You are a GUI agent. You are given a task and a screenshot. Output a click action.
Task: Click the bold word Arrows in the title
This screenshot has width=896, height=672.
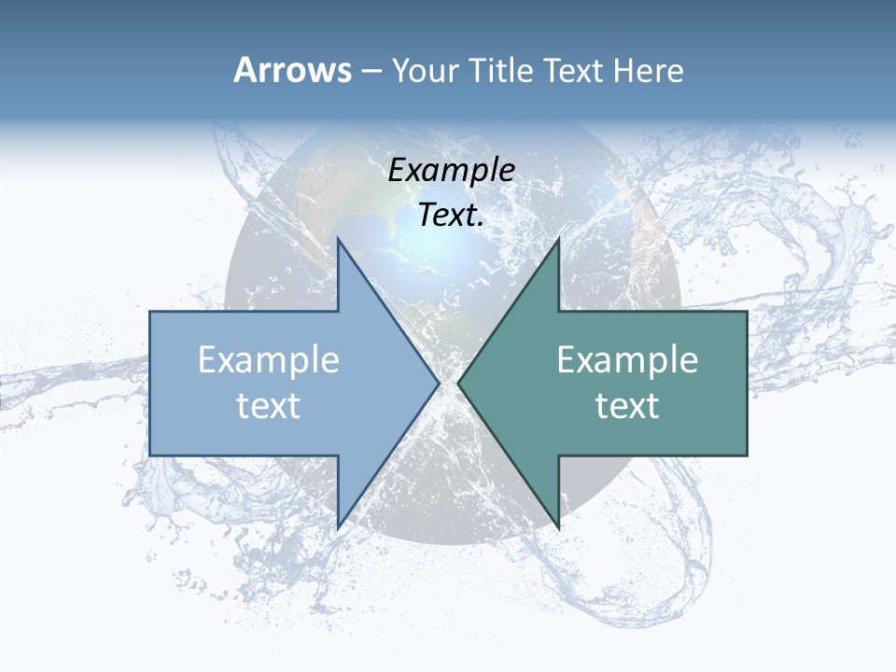coord(292,70)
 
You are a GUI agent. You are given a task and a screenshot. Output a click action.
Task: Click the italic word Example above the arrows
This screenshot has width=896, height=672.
coord(451,170)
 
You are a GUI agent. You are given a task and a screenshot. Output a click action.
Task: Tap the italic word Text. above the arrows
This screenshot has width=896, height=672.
coord(451,216)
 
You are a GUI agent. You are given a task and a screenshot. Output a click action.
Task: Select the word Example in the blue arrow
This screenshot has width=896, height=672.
coord(269,360)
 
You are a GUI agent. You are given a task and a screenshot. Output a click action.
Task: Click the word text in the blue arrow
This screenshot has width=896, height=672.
coord(269,406)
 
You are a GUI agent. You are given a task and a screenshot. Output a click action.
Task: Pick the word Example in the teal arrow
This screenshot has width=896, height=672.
coord(627,360)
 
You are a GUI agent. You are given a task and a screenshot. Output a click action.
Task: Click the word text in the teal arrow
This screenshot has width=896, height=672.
coord(627,406)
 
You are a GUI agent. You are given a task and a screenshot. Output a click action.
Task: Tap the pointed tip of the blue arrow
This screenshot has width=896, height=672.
coord(439,383)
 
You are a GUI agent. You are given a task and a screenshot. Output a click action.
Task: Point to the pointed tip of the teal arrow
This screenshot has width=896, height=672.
coord(458,383)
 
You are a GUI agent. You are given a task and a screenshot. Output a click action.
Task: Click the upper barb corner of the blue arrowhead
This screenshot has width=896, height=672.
coord(338,240)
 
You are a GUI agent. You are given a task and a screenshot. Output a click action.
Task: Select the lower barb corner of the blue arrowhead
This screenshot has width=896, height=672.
coord(338,527)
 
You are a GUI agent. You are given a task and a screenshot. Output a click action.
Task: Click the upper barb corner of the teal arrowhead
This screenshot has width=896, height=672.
coord(558,240)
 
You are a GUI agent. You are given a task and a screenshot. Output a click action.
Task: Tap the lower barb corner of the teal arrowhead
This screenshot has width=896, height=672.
coord(558,527)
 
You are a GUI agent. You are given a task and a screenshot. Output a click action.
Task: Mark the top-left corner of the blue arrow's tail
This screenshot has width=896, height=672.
coord(150,312)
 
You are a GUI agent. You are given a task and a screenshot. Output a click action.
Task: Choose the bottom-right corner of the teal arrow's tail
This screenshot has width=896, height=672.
coord(747,455)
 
